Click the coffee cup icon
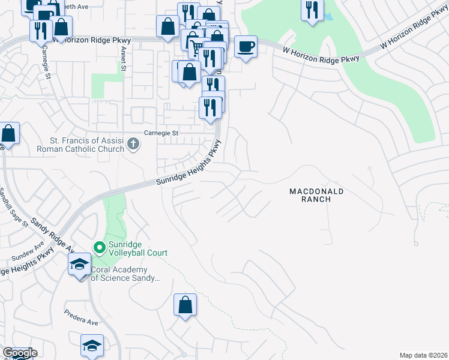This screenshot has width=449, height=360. [x=245, y=46]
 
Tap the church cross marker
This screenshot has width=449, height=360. [x=133, y=144]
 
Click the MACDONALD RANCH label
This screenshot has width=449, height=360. [x=316, y=195]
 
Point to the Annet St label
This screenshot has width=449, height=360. [x=124, y=59]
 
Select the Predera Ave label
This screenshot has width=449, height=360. [x=82, y=322]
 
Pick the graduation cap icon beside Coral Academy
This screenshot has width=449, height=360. [x=79, y=265]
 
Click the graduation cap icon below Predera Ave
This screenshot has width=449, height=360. [x=92, y=345]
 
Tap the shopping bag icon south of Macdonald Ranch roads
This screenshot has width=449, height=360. [x=185, y=304]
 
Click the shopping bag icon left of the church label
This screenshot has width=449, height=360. [x=8, y=133]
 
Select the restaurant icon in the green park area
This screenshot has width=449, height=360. [x=312, y=10]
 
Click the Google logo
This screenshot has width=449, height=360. [x=20, y=353]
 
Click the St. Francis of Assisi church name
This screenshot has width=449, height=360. [x=82, y=145]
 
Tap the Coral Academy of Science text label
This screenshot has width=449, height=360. [x=124, y=274]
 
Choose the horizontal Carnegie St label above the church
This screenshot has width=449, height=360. [x=161, y=133]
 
